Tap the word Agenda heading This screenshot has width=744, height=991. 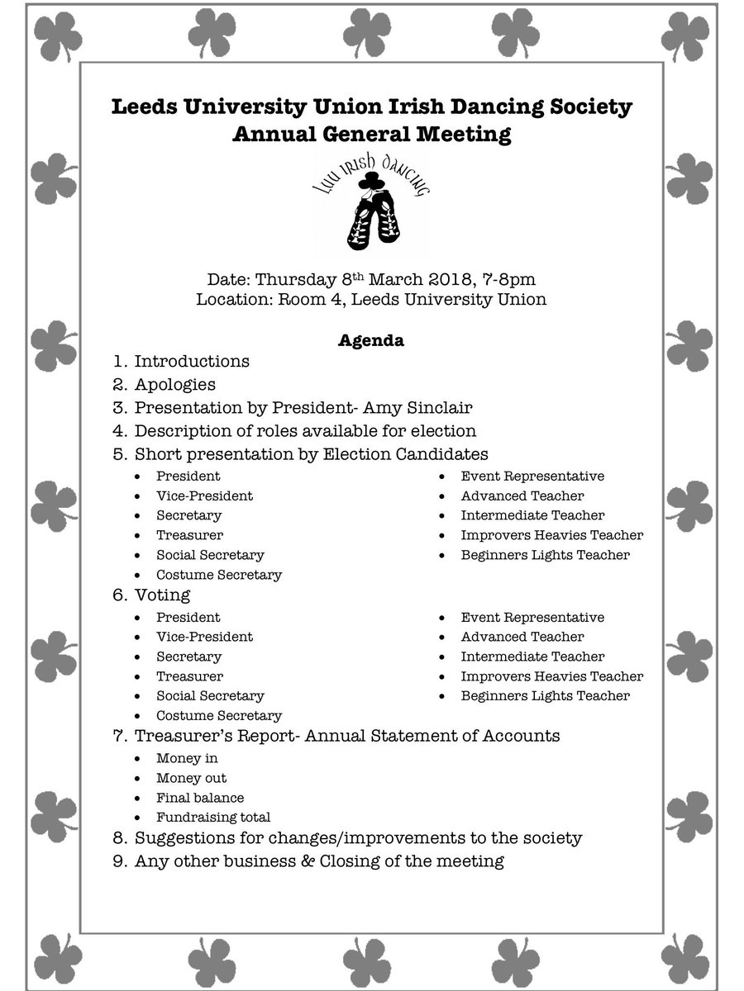click(x=370, y=340)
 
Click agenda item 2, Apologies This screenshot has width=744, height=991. click(x=174, y=385)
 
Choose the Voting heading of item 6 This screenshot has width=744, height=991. click(x=162, y=595)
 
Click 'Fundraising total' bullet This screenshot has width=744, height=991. click(x=213, y=818)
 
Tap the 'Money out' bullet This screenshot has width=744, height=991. click(x=191, y=778)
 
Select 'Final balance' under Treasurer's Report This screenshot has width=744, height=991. click(x=200, y=798)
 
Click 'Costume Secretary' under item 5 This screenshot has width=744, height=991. click(x=219, y=575)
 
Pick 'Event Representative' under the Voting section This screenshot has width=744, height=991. click(x=532, y=617)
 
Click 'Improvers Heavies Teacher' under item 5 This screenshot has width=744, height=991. click(x=552, y=535)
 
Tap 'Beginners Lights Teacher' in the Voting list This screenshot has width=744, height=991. click(x=546, y=696)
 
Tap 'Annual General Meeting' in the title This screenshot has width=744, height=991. click(x=371, y=135)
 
